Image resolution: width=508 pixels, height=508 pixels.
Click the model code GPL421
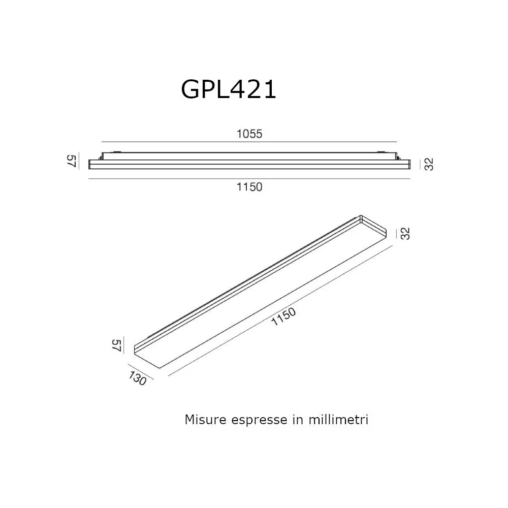pos(228,90)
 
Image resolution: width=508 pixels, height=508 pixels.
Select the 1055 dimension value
pos(249,134)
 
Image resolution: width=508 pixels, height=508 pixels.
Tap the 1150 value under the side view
pos(249,187)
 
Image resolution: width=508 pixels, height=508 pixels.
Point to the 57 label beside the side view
pos(72,162)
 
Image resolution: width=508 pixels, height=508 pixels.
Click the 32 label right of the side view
pos(428,165)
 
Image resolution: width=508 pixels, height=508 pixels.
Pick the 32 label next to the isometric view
pos(405,233)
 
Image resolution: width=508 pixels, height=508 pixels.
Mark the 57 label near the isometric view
pos(116,346)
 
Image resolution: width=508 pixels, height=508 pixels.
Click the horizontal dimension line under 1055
pos(249,141)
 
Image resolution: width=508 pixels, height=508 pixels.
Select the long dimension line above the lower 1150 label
pos(249,179)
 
